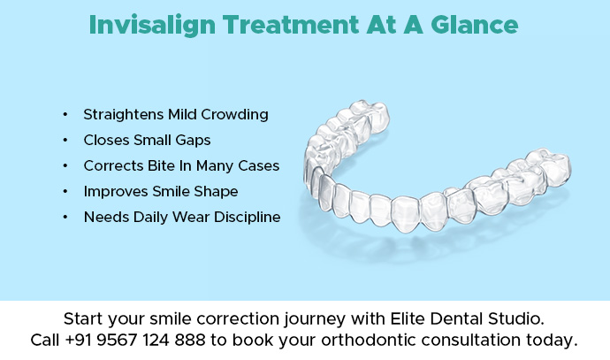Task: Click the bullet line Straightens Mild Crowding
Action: click(175, 115)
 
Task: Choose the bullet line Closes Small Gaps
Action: click(147, 140)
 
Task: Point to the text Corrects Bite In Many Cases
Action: click(181, 165)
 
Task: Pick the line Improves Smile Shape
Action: click(160, 191)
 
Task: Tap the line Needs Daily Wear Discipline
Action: click(181, 217)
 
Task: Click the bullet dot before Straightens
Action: click(65, 115)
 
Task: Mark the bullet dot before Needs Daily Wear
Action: click(65, 217)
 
